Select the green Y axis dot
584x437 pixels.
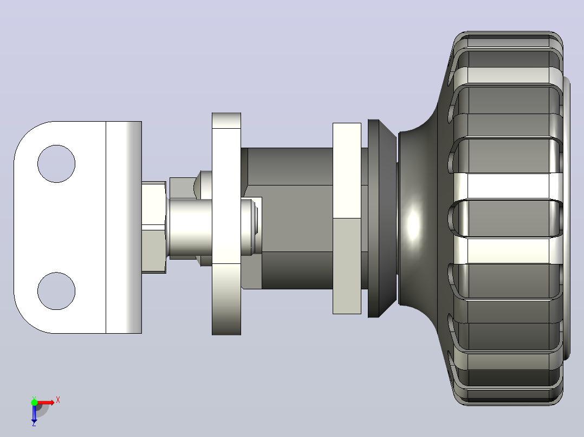pyautogui.click(x=34, y=402)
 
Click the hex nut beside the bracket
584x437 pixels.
pyautogui.click(x=154, y=228)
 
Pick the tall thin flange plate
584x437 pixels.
pyautogui.click(x=226, y=224)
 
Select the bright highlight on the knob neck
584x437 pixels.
pyautogui.click(x=413, y=224)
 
